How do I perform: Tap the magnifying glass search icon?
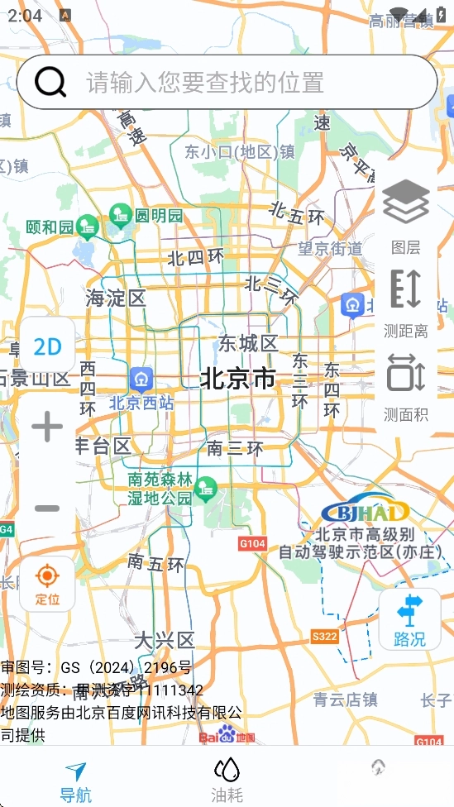51,82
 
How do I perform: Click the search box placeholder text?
205,83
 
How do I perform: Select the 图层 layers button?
405,214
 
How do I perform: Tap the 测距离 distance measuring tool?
405,301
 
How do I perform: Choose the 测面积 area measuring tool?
405,385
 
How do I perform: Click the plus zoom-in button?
47,427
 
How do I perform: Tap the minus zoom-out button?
47,508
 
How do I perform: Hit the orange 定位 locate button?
47,583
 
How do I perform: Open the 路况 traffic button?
409,619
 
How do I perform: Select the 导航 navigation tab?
75,782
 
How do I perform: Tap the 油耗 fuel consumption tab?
227,782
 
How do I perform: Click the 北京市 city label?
238,379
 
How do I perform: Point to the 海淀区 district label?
116,298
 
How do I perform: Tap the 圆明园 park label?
158,216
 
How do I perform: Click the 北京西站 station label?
141,403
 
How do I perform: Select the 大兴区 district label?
165,640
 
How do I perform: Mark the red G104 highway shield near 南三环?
252,543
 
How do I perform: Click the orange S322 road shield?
325,636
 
